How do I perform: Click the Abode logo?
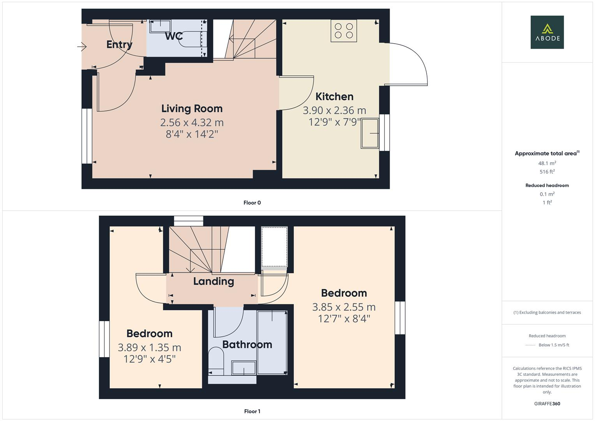point(547,32)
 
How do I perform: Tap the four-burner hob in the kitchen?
point(344,31)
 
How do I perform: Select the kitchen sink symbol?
point(370,134)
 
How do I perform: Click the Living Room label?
point(192,108)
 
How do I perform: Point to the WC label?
point(174,36)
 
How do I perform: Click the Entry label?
point(119,44)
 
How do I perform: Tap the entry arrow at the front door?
point(82,47)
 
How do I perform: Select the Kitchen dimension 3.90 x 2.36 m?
point(334,110)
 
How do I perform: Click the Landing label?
point(214,281)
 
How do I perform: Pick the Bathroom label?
point(247,344)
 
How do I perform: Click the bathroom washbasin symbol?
point(244,368)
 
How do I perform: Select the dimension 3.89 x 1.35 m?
point(149,347)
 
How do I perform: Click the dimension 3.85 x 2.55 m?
point(344,307)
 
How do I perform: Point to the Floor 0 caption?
point(252,203)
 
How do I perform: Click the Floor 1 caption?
point(252,411)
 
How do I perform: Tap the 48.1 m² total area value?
point(547,163)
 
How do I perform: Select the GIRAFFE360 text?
point(547,403)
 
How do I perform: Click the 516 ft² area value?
point(547,172)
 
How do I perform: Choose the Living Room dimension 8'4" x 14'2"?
point(192,134)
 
